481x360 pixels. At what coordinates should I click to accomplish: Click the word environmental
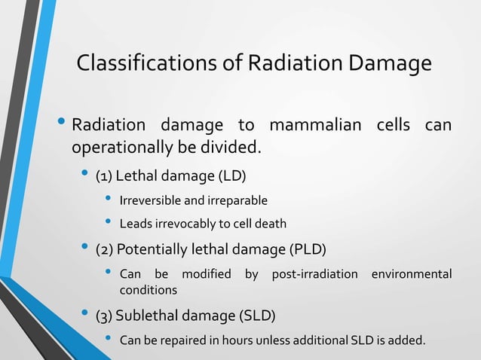click(x=411, y=274)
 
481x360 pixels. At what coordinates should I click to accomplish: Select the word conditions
click(x=149, y=290)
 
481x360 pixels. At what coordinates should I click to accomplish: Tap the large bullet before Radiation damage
click(x=60, y=122)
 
